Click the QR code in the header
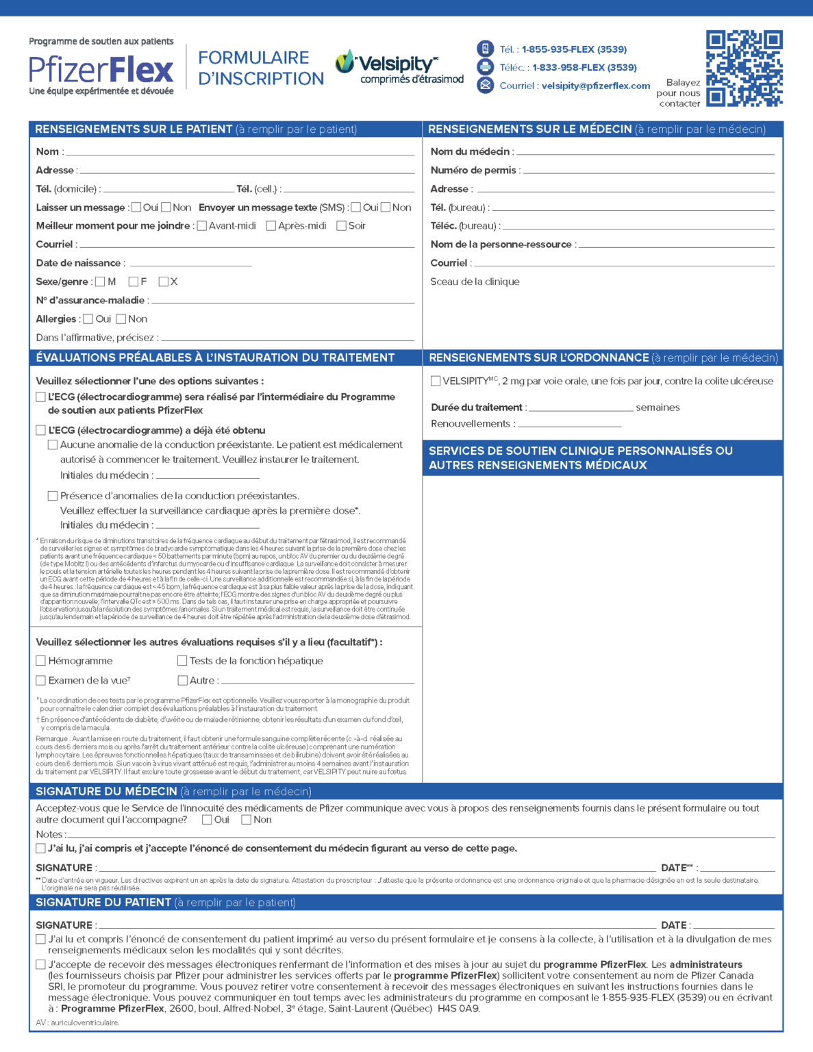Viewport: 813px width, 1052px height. (x=744, y=68)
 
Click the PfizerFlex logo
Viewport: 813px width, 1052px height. (x=101, y=68)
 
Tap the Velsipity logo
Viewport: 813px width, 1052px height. (x=399, y=68)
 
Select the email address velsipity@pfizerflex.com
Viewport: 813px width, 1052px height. (x=595, y=86)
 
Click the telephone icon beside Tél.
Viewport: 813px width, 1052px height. (x=485, y=49)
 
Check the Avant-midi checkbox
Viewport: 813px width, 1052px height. (x=202, y=226)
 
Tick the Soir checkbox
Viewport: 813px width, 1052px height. (x=341, y=226)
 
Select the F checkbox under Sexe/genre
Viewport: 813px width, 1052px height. (x=134, y=281)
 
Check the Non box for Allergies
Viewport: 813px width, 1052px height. (x=121, y=319)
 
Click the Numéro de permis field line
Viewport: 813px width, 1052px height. (x=648, y=171)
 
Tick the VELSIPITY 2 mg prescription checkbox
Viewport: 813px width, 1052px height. (x=436, y=381)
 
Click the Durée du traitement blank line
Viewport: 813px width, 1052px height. (x=581, y=408)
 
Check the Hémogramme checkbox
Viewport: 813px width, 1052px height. (x=41, y=661)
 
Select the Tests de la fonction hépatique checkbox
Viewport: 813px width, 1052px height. (x=182, y=661)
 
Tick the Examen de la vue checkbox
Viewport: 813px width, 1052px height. (x=41, y=681)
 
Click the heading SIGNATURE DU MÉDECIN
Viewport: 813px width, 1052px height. (x=107, y=792)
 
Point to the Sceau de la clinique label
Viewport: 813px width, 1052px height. (x=475, y=281)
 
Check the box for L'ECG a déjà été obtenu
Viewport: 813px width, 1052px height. (x=41, y=431)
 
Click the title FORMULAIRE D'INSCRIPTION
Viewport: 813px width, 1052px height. (x=261, y=68)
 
